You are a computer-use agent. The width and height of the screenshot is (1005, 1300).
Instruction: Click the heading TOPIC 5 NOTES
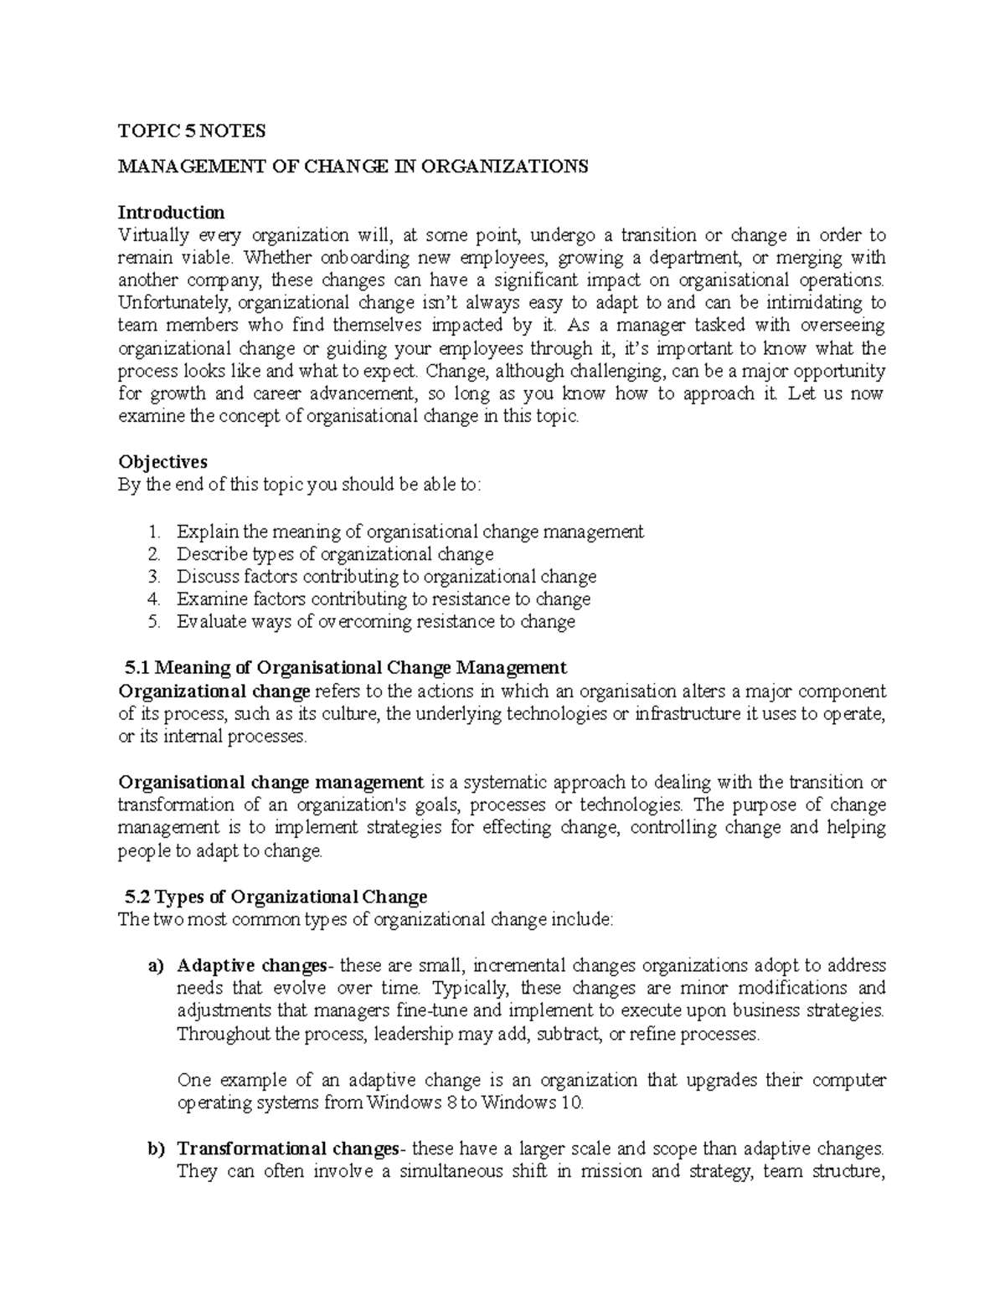[191, 131]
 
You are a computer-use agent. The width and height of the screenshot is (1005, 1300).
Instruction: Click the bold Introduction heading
[171, 212]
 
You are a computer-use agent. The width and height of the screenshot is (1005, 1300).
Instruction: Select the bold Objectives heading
[162, 462]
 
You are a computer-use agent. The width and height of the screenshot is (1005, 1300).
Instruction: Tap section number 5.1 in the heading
[137, 668]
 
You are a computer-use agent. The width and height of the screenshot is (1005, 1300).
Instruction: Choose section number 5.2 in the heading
[137, 897]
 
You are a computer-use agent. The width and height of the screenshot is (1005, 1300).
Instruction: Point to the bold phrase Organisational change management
[271, 783]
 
